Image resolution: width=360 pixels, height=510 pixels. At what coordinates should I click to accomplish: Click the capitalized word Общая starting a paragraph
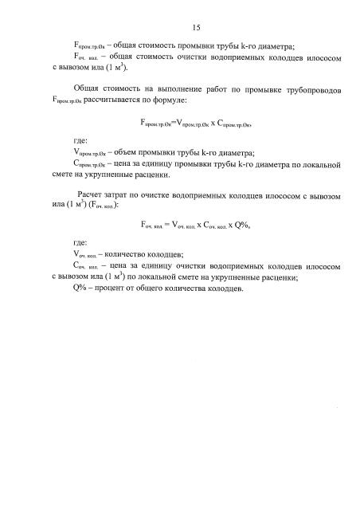coord(87,91)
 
